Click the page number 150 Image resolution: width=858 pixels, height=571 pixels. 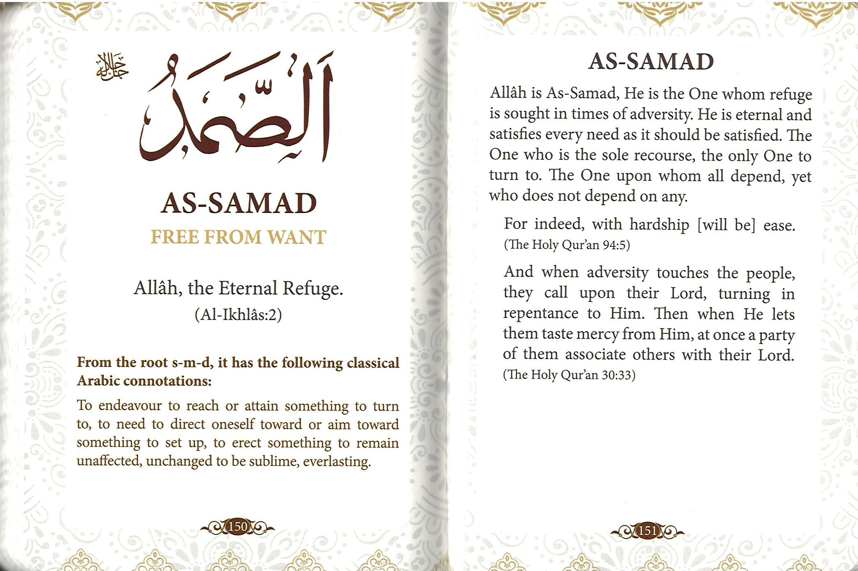tap(238, 526)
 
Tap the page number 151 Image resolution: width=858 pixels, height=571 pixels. tap(648, 531)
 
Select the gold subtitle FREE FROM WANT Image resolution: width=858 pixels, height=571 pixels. tap(238, 237)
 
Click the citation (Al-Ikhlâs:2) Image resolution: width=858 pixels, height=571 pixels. tap(238, 315)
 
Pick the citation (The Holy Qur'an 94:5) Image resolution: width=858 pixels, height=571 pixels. tap(567, 245)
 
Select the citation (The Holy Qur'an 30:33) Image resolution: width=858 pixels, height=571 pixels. tap(569, 375)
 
